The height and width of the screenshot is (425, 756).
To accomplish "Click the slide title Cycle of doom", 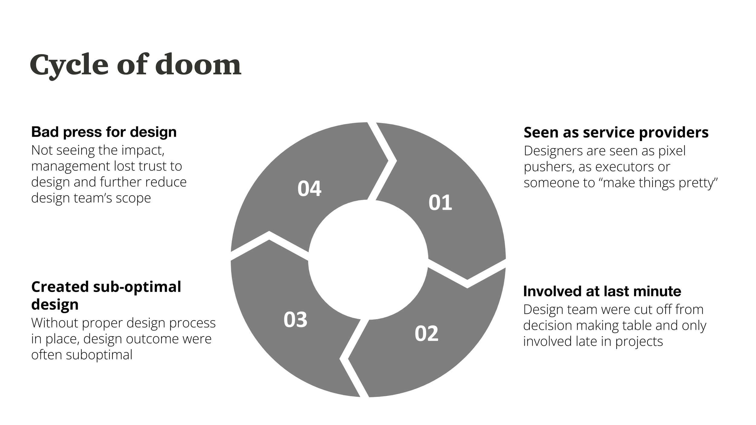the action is (135, 65).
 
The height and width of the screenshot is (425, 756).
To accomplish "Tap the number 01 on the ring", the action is (440, 203).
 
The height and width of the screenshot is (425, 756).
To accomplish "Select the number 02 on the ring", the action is (426, 334).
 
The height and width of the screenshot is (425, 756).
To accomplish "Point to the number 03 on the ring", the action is (295, 320).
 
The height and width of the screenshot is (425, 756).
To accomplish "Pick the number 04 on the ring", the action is (309, 189).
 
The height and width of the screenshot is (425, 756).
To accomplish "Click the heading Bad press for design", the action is (104, 132).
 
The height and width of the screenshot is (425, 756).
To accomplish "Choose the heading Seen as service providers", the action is (616, 132).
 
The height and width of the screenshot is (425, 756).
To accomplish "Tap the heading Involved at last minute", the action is (602, 291).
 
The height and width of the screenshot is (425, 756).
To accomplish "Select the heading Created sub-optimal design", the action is (106, 295).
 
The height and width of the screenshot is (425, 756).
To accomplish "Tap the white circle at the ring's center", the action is (368, 260).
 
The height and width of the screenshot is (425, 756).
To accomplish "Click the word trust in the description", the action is (150, 166).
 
